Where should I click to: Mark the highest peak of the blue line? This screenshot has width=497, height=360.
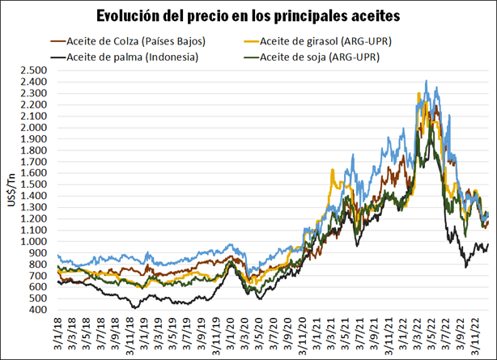click(427, 81)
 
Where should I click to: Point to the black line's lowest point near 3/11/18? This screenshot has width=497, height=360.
click(134, 308)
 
